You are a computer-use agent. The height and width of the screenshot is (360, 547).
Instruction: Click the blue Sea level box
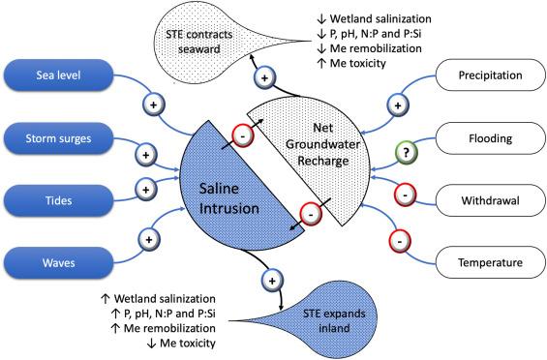click(x=59, y=75)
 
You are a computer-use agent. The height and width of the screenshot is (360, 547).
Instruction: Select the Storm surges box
click(x=59, y=138)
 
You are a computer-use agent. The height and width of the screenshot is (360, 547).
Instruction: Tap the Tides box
click(x=59, y=200)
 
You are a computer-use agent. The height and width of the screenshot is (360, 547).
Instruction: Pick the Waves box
click(x=59, y=262)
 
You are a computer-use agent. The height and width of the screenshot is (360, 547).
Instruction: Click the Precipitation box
click(x=490, y=75)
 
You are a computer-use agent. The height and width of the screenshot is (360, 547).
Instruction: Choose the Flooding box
click(x=490, y=138)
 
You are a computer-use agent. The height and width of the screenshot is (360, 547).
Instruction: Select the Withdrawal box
click(x=490, y=200)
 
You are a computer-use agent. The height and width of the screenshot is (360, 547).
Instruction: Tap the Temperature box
click(x=490, y=262)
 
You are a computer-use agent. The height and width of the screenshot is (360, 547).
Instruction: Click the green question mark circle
click(x=406, y=153)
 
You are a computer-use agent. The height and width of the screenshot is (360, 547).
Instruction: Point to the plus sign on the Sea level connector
click(x=154, y=105)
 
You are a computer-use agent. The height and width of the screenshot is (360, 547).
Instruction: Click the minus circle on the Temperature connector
click(x=400, y=241)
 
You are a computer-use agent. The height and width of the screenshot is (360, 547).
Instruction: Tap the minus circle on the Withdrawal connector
click(x=405, y=195)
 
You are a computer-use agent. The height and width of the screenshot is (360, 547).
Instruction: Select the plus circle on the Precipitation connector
click(x=398, y=105)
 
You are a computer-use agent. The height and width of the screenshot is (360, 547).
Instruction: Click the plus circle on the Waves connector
click(x=149, y=240)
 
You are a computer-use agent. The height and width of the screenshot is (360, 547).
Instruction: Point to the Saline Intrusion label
click(x=229, y=198)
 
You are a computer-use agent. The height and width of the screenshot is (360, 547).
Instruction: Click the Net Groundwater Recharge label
click(x=323, y=144)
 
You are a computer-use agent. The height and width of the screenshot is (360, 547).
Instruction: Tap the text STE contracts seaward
click(x=199, y=42)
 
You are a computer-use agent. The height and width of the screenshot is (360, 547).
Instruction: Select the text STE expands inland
click(x=334, y=320)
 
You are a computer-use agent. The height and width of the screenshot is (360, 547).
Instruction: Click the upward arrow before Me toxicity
click(x=322, y=64)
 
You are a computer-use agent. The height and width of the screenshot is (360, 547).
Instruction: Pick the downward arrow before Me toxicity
click(x=151, y=344)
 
